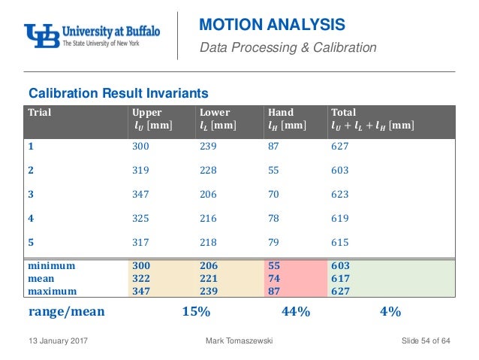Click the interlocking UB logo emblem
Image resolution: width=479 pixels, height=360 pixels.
40,35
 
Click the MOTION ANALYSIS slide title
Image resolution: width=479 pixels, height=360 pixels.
272,26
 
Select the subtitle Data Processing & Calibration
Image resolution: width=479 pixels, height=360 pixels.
288,48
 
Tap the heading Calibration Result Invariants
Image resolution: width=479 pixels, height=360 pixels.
118,93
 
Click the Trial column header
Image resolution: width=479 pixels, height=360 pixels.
40,113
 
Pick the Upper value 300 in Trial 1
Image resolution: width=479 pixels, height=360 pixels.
140,146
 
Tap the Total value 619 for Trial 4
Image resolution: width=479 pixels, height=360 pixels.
339,218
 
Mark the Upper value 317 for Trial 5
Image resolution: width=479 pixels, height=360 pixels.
140,242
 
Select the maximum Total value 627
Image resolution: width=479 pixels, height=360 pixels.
339,289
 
